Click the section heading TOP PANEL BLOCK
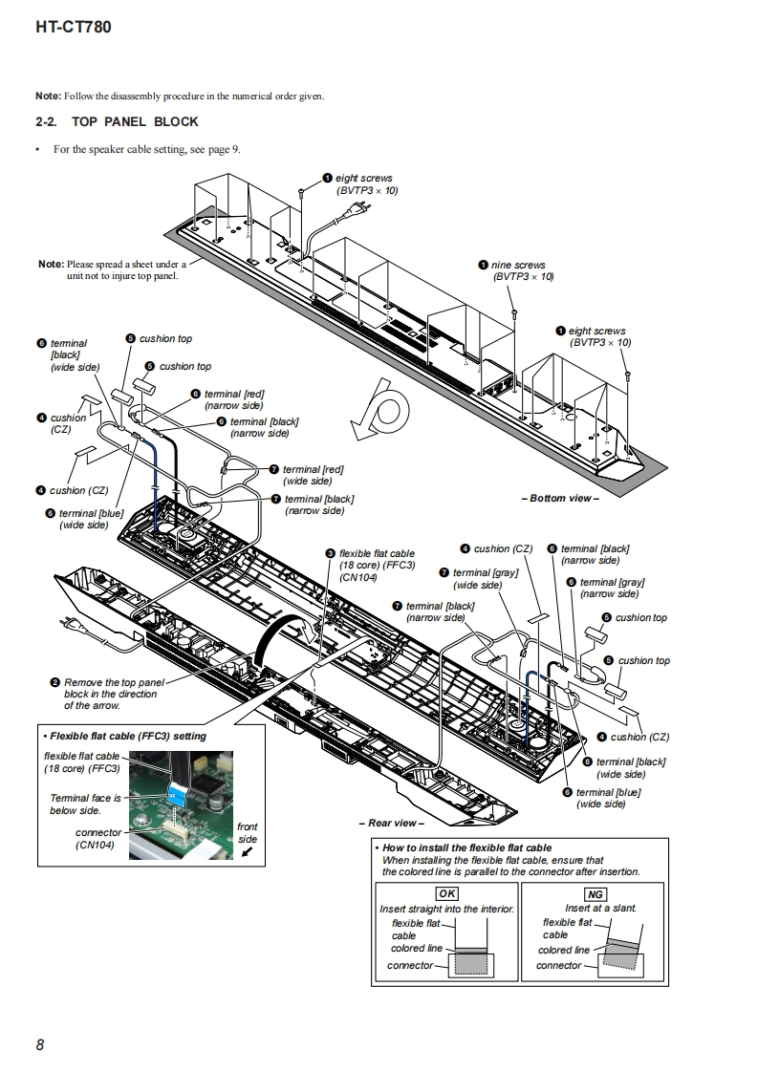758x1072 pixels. tap(135, 121)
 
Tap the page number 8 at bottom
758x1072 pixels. tap(40, 1044)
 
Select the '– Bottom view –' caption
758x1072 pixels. tap(560, 499)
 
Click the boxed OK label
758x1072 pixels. tap(446, 893)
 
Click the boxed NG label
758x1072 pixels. tap(596, 893)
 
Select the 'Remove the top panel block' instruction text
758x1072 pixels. tap(113, 694)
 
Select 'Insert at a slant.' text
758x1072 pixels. tap(600, 909)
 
